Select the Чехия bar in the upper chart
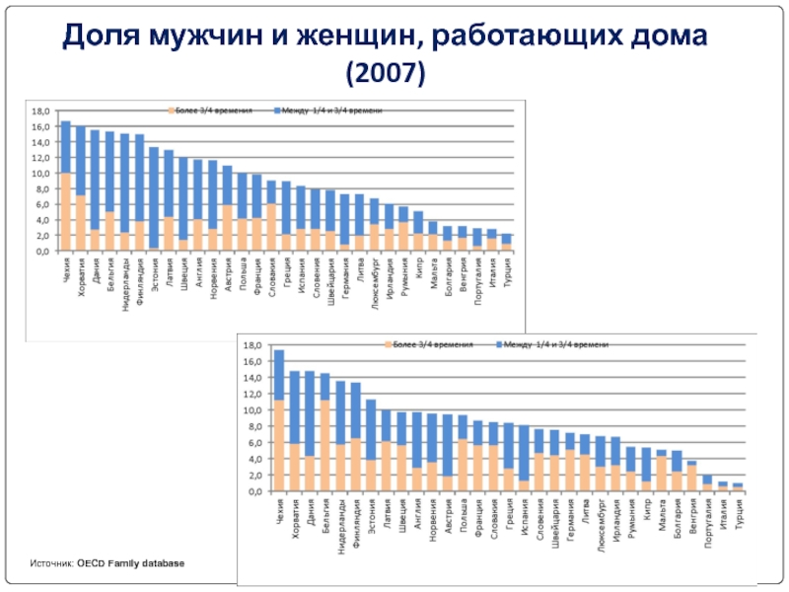[66, 186]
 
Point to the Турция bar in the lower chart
[738, 486]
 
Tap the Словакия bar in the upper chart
[271, 216]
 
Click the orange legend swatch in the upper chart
[172, 111]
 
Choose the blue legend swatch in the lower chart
[499, 345]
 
